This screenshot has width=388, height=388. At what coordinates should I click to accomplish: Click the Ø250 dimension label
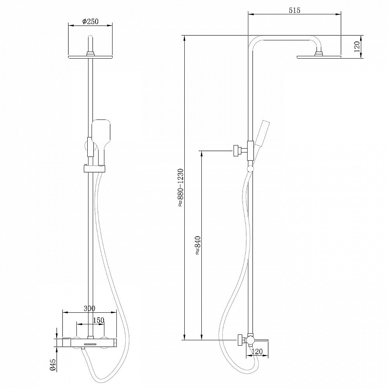click(90, 21)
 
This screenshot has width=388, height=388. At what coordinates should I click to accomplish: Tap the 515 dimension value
click(294, 10)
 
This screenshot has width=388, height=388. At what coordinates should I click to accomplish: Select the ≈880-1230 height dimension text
click(181, 187)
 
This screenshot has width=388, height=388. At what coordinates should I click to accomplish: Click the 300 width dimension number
click(89, 308)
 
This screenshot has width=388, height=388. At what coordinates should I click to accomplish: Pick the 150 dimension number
click(99, 320)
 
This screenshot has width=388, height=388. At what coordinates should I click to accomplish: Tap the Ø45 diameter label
click(53, 364)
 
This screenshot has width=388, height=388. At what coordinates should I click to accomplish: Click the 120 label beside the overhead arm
click(357, 47)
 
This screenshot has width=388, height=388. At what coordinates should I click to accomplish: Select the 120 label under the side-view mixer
click(257, 352)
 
